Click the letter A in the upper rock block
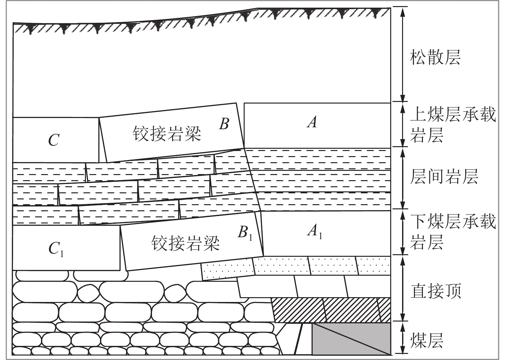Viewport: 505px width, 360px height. click(x=312, y=122)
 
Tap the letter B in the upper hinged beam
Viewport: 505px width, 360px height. click(x=224, y=123)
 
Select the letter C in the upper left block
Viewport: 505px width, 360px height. click(x=54, y=140)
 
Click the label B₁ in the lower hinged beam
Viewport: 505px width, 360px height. click(x=245, y=233)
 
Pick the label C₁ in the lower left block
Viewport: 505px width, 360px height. click(x=56, y=249)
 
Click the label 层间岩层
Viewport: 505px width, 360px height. click(x=444, y=176)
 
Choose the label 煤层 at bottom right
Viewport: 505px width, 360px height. click(x=426, y=340)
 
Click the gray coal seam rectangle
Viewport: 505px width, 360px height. click(x=351, y=339)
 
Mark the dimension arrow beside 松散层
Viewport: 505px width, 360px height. click(x=403, y=54)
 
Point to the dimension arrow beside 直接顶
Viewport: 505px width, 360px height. click(x=403, y=288)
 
